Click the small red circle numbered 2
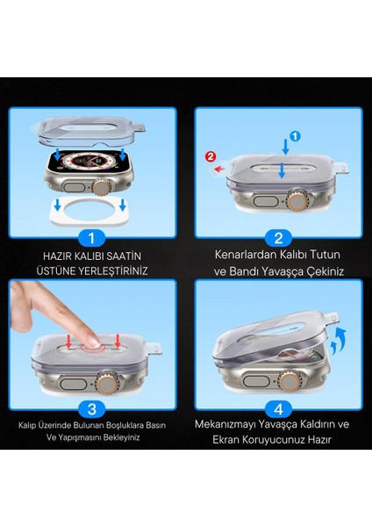209,157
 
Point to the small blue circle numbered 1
295,136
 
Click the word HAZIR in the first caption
59,255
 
